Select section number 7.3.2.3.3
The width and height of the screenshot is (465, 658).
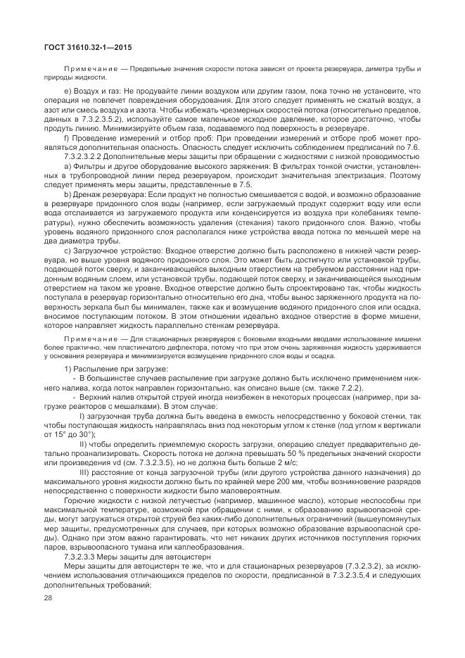pos(84,555)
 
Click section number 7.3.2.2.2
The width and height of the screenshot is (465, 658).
pos(84,156)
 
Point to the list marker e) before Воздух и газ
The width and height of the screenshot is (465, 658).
pos(68,91)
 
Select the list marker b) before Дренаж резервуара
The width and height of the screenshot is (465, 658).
pos(68,193)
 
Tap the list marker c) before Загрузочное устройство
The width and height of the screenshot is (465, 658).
pos(68,250)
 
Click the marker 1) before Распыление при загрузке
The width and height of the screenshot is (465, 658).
pos(68,369)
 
